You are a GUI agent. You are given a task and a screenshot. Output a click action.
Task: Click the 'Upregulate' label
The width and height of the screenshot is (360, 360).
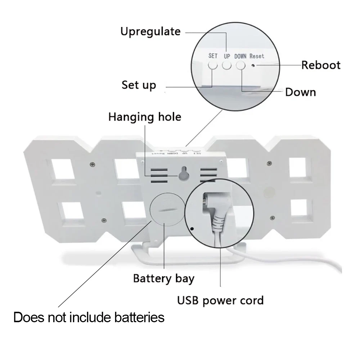click(x=150, y=31)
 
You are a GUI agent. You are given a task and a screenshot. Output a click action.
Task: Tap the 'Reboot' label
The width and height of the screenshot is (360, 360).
click(x=321, y=65)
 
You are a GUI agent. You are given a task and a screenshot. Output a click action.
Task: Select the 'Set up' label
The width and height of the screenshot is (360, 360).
click(x=139, y=85)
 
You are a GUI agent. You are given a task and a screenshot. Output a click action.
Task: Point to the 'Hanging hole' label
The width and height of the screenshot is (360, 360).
click(x=145, y=117)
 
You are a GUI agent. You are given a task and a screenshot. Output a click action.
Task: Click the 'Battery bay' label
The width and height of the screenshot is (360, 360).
click(x=163, y=278)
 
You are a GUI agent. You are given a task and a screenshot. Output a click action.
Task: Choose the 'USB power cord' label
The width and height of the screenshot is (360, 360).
click(x=220, y=300)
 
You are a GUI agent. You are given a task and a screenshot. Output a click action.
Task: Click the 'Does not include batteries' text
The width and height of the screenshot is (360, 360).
click(x=89, y=318)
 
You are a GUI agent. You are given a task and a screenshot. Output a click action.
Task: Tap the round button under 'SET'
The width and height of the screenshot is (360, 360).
click(x=213, y=65)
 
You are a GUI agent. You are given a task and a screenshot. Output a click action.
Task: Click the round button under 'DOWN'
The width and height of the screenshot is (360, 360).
click(x=240, y=65)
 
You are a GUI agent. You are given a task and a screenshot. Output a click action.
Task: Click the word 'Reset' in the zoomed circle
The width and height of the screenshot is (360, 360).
click(x=257, y=56)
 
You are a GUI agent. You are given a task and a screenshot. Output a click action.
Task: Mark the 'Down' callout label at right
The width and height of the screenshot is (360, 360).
click(x=300, y=92)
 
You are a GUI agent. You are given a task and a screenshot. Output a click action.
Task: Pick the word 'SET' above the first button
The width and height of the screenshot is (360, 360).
click(x=213, y=56)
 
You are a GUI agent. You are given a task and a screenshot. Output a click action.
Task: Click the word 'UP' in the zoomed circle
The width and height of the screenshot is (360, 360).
click(x=227, y=56)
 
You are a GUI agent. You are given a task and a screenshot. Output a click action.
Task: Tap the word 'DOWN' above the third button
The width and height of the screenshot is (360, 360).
click(x=240, y=56)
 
